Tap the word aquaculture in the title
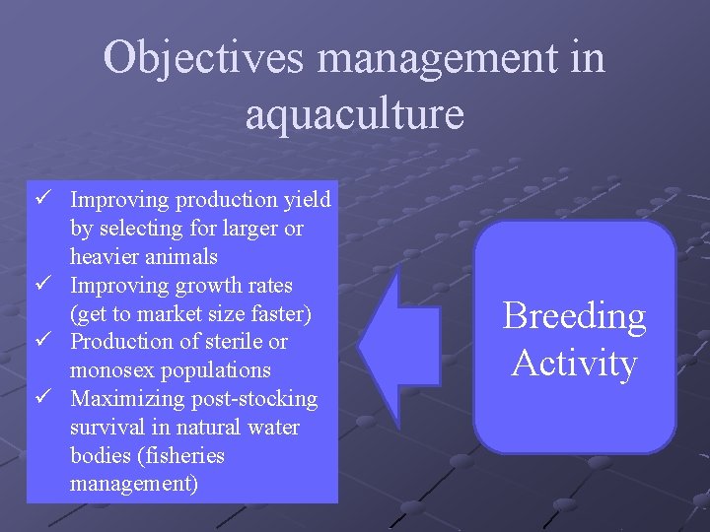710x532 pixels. click(x=354, y=113)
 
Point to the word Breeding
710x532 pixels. click(x=574, y=316)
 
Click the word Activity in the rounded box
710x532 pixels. click(x=574, y=363)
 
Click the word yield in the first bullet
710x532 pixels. click(x=307, y=200)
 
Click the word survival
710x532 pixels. click(x=104, y=428)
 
